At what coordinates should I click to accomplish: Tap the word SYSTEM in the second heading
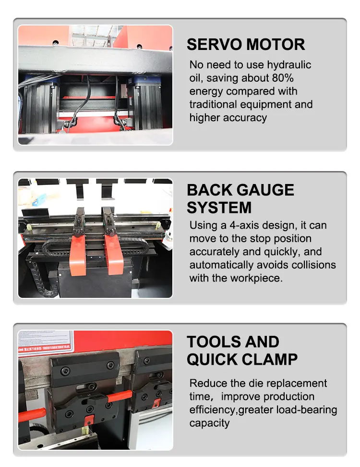point(219,208)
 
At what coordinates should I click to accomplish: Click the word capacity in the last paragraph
point(209,423)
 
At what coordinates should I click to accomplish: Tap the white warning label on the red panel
point(46,343)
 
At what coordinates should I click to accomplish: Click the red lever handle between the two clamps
point(119,396)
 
